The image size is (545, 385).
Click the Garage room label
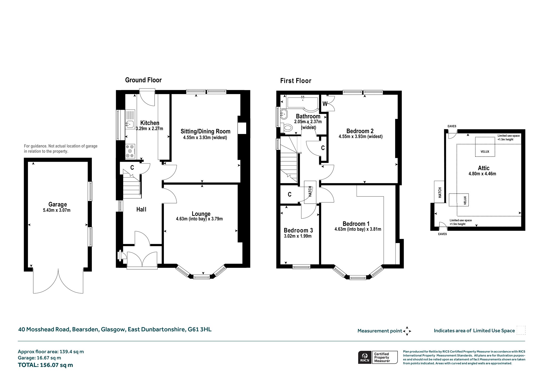pos(57,204)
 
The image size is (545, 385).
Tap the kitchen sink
pos(130,124)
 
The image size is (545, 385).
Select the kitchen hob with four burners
pos(130,151)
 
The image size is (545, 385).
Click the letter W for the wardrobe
pos(325,104)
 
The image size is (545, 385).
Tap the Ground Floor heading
pos(143,80)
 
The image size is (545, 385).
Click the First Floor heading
pos(296,81)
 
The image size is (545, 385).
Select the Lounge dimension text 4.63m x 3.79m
pos(199,219)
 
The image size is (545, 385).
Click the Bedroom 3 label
pos(298,230)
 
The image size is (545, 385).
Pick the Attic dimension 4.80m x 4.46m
pos(482,174)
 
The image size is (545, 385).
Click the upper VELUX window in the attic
pos(485,147)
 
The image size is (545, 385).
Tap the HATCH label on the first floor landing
pos(310,192)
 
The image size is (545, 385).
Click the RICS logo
pos(364,357)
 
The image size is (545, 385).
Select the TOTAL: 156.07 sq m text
pos(45,365)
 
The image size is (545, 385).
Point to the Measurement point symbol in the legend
pos(407,331)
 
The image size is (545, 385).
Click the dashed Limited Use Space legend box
pos(521,330)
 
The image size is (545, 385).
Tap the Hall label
pos(141,210)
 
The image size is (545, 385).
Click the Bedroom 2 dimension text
pos(361,137)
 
